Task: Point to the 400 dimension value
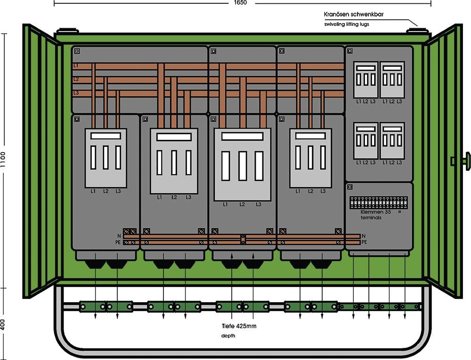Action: tap(4, 325)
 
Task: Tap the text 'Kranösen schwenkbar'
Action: tap(354, 15)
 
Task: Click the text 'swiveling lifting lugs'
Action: tap(347, 24)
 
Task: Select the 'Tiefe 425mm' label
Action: tap(239, 326)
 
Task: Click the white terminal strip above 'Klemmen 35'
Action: tap(378, 203)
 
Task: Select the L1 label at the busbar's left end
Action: tap(76, 65)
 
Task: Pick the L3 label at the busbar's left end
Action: tap(76, 93)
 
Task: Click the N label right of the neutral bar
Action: tap(364, 235)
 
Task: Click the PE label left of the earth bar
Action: tap(118, 242)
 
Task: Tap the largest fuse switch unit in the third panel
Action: tap(242, 164)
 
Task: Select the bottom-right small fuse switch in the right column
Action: tap(392, 141)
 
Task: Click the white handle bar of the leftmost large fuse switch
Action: tap(106, 135)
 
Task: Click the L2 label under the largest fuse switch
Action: tap(242, 204)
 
